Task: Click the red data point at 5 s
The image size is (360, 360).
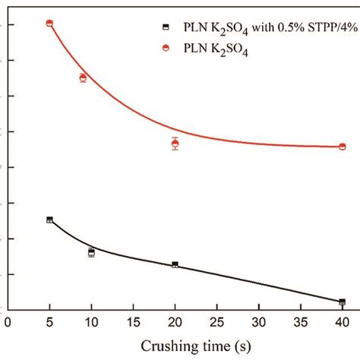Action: click(x=49, y=24)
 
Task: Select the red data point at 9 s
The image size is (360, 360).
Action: click(x=83, y=77)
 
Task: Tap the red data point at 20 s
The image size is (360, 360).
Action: click(x=175, y=144)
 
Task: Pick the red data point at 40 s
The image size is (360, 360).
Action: click(x=342, y=147)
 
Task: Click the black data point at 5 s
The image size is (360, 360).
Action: click(x=49, y=219)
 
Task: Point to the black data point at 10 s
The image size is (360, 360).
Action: click(x=91, y=252)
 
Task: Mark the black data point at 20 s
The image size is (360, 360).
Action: click(x=175, y=264)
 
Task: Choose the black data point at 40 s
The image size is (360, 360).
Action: click(x=342, y=302)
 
